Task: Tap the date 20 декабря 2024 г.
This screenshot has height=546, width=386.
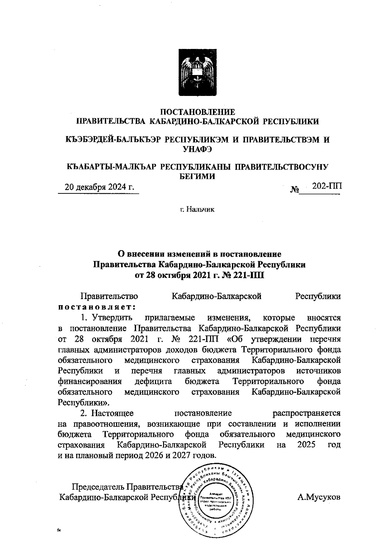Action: (x=99, y=187)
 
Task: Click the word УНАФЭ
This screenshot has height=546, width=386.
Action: (x=197, y=149)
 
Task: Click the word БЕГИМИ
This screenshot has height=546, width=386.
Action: (x=197, y=176)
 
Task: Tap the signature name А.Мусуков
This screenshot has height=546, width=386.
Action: (x=318, y=497)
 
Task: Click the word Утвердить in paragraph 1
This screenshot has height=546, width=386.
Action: (x=111, y=317)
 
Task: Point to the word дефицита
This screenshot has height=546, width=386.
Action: (x=152, y=381)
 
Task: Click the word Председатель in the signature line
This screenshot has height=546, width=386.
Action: (x=98, y=486)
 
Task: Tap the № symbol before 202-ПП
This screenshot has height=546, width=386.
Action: (x=295, y=190)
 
